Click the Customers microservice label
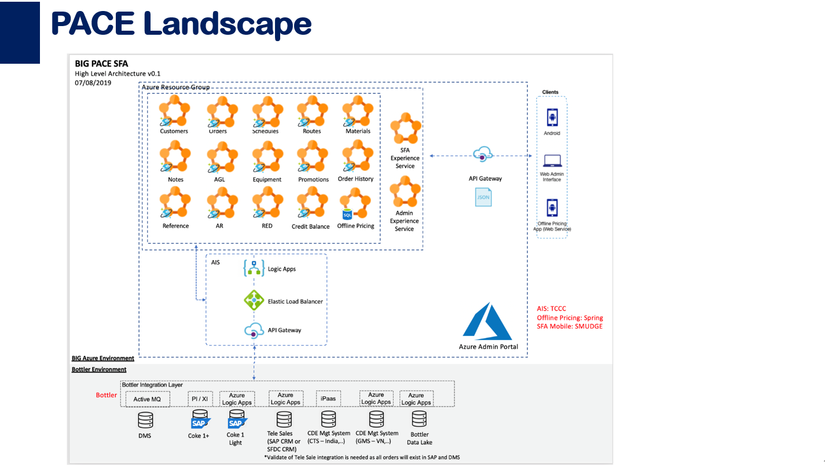[174, 131]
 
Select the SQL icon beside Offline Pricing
[347, 215]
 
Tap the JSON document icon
[483, 197]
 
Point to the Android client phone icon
[552, 118]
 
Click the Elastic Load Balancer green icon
[254, 301]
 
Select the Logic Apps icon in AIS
[254, 268]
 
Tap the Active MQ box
[147, 399]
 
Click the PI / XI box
[200, 399]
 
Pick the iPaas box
[328, 399]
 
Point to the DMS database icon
[145, 419]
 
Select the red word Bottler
[107, 395]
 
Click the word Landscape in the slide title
[228, 24]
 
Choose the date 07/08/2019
[93, 83]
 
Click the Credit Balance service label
[310, 227]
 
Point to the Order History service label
[355, 179]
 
